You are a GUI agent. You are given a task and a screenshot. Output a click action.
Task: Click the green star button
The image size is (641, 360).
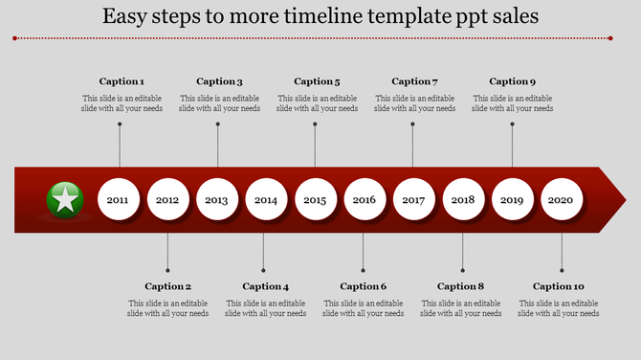64,200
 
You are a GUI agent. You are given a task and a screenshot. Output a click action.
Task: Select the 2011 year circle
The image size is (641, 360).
119,200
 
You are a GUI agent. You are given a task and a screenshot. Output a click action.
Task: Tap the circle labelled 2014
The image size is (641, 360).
266,200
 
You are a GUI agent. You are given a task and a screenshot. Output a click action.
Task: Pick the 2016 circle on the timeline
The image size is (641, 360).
365,200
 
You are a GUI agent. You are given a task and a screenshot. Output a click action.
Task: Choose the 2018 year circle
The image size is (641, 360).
463,200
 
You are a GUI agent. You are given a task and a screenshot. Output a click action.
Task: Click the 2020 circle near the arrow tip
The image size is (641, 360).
562,200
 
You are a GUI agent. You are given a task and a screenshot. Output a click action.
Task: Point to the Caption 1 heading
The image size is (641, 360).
122,81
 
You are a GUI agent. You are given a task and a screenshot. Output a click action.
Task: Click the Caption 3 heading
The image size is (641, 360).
219,81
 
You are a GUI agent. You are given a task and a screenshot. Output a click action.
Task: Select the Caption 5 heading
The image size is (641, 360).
317,81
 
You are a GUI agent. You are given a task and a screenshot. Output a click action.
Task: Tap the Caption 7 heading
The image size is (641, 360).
414,81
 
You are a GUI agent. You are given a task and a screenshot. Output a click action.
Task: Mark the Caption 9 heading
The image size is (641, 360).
512,81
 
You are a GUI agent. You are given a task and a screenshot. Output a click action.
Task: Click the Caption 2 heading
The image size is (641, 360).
167,286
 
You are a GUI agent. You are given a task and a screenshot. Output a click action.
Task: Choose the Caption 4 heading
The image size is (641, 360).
265,286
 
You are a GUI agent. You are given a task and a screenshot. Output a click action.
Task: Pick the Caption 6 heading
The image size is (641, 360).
363,286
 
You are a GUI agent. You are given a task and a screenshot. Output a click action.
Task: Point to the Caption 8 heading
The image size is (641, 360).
460,286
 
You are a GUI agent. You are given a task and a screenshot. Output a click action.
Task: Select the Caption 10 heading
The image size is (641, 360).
558,286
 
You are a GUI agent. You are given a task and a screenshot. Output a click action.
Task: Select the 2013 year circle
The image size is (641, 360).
217,200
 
